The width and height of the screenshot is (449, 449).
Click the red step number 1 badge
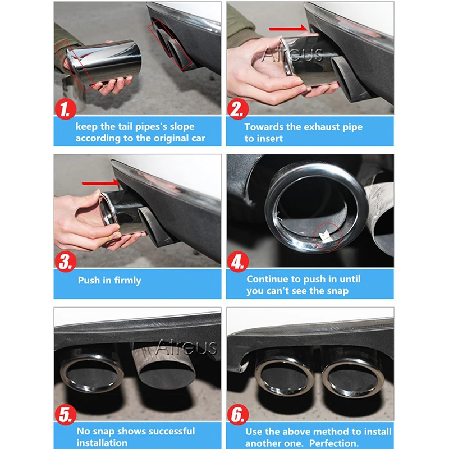pyautogui.click(x=66, y=109)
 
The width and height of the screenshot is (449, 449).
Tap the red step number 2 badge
pyautogui.click(x=238, y=109)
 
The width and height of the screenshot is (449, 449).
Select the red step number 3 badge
pyautogui.click(x=66, y=262)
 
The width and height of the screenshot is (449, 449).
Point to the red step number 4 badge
pyautogui.click(x=238, y=262)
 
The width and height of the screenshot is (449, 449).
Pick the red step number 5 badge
pyautogui.click(x=66, y=415)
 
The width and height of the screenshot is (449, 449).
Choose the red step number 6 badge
pyautogui.click(x=238, y=415)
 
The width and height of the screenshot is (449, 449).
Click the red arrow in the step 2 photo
pyautogui.click(x=288, y=28)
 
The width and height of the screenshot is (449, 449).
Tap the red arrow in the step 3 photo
pyautogui.click(x=100, y=183)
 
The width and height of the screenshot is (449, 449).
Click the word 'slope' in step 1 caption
pyautogui.click(x=182, y=127)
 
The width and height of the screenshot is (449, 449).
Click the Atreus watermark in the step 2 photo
pyautogui.click(x=292, y=55)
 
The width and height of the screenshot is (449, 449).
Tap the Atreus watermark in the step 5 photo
pyautogui.click(x=186, y=347)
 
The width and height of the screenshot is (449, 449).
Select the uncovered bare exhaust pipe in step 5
pyautogui.click(x=164, y=366)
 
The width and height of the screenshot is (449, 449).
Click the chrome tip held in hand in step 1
pyautogui.click(x=104, y=62)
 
